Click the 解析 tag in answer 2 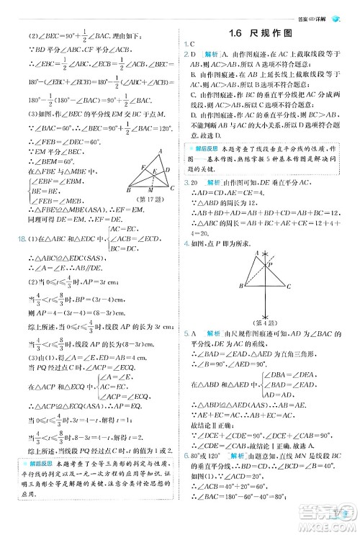point(213,53)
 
